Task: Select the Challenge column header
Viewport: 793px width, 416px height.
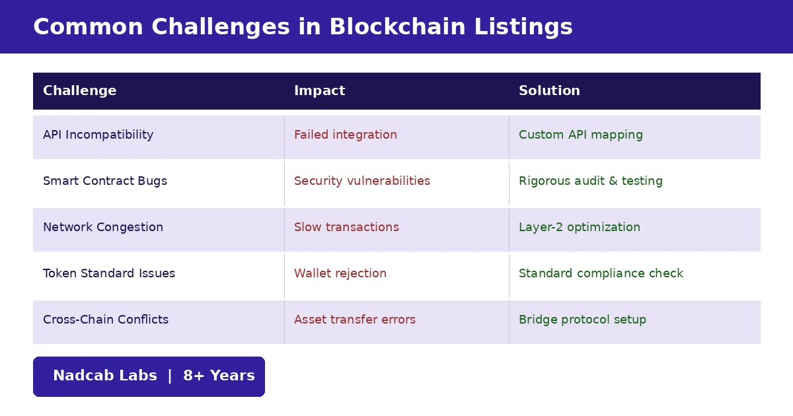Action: tap(79, 91)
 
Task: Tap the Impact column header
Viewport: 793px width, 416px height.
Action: tap(319, 91)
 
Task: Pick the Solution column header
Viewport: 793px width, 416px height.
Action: tap(549, 91)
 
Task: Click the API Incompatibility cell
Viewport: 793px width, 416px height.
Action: tap(98, 135)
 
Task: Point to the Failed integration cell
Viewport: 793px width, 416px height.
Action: tap(346, 135)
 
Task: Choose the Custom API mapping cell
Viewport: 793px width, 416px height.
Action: tap(580, 135)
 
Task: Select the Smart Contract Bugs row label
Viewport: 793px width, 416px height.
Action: tap(105, 181)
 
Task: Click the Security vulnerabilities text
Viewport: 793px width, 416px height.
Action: tap(362, 181)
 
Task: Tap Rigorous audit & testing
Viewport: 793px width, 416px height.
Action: tap(590, 181)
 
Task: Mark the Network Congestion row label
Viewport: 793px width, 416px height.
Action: tap(103, 227)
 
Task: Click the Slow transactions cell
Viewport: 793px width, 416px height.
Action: tap(346, 227)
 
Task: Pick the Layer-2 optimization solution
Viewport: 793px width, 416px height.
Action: tap(579, 227)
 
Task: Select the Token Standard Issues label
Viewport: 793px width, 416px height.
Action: tap(109, 273)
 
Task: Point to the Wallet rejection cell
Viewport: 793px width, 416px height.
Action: tap(340, 273)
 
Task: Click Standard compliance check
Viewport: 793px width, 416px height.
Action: tap(601, 273)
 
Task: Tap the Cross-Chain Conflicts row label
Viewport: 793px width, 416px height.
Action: tap(106, 320)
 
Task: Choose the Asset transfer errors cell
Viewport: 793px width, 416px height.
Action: tap(355, 320)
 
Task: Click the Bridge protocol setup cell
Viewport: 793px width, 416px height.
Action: tap(582, 320)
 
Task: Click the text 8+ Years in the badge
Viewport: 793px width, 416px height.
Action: tap(219, 376)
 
